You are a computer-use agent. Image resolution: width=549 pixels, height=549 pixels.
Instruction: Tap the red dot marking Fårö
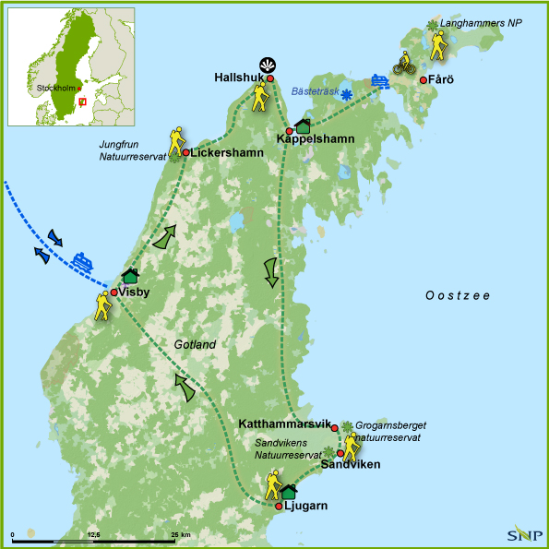click(424, 80)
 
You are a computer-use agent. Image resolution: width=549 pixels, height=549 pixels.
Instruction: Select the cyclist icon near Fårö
click(403, 64)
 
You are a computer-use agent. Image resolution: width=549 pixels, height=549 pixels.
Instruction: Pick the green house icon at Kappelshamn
click(303, 127)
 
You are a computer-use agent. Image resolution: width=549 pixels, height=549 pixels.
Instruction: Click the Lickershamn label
click(220, 152)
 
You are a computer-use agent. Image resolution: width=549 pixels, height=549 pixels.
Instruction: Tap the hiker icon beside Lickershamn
click(175, 140)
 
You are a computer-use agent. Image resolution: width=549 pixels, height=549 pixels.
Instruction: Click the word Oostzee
click(457, 295)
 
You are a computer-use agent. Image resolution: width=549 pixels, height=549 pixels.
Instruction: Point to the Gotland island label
click(194, 344)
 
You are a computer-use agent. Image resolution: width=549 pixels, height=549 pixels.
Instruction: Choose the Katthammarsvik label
click(283, 424)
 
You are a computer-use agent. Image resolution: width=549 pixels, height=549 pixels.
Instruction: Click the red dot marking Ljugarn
click(279, 506)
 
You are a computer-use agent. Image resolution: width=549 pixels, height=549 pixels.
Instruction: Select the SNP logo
click(522, 534)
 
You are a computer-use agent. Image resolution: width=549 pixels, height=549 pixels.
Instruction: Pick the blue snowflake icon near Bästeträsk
click(347, 94)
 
